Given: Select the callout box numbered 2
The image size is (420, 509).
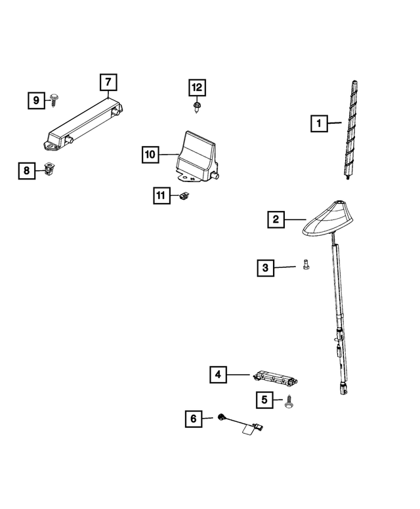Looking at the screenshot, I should (276, 219).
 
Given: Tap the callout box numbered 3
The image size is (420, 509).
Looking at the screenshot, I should (265, 267).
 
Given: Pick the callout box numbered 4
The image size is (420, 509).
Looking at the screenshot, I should (219, 375).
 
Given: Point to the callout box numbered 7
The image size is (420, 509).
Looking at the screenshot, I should (108, 83).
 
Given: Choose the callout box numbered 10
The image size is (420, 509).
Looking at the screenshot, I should (150, 155).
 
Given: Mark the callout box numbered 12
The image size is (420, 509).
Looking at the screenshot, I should (197, 87).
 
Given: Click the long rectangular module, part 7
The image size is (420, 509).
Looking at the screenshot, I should (85, 122).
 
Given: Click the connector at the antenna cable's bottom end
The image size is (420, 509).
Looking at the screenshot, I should (342, 390).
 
